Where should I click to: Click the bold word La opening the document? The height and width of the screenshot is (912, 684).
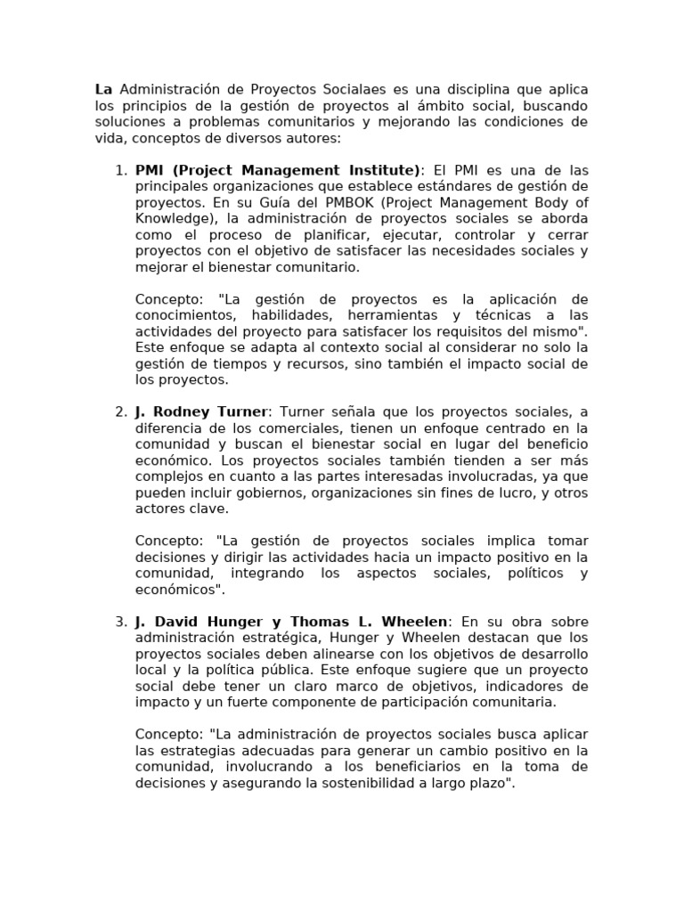pos(103,90)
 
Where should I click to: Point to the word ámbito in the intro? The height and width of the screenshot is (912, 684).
pos(420,106)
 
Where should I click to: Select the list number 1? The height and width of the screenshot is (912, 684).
pos(121,170)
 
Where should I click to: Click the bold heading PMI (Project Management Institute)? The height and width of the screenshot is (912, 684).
pos(277,170)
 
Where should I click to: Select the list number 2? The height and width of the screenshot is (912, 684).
pos(121,412)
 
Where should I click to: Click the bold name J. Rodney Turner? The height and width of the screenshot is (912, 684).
pos(201,412)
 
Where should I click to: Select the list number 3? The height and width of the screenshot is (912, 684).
pos(121,622)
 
